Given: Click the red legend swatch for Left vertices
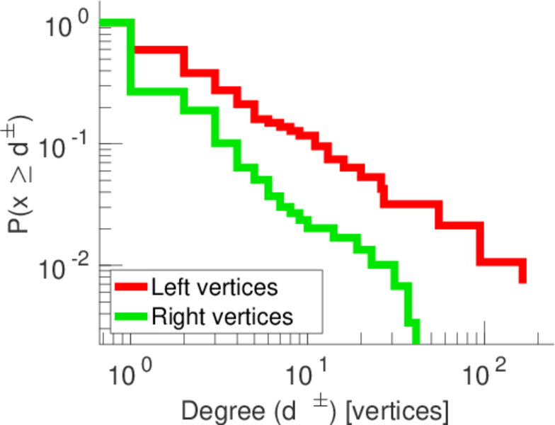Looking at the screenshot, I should pyautogui.click(x=132, y=287).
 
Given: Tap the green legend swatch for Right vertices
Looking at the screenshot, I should pyautogui.click(x=132, y=316).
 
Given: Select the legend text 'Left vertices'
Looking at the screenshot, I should pyautogui.click(x=214, y=287).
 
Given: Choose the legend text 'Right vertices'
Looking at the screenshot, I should pyautogui.click(x=222, y=316).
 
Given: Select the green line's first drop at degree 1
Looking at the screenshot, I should pyautogui.click(x=131, y=57).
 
